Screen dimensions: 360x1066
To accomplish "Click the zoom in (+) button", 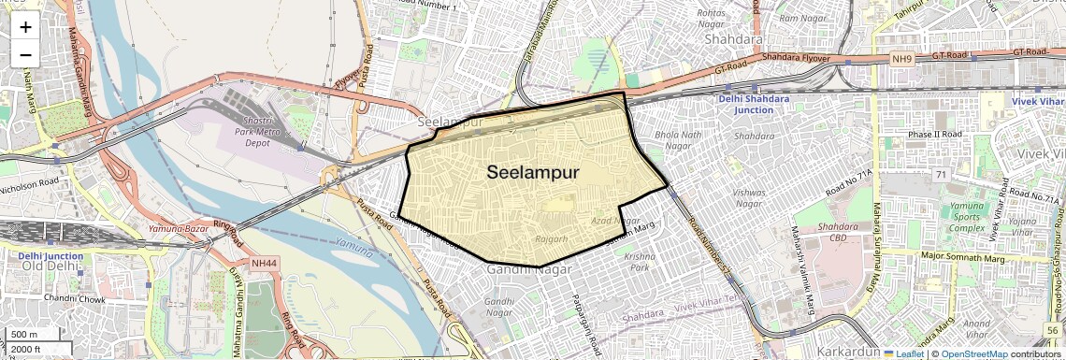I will click(x=25, y=26).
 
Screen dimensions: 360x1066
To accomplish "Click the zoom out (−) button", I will click(x=25, y=54).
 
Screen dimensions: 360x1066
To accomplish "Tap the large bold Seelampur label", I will click(x=533, y=172).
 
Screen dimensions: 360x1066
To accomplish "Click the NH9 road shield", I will click(x=901, y=59).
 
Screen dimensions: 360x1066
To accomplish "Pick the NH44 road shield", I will click(x=263, y=264).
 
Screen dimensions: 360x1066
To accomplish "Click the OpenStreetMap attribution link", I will click(x=973, y=354).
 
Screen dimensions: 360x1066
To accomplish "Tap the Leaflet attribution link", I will click(x=903, y=354).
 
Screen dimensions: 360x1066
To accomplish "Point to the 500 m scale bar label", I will click(x=25, y=334).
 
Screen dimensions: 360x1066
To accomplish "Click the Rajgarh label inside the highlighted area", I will click(x=551, y=239).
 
